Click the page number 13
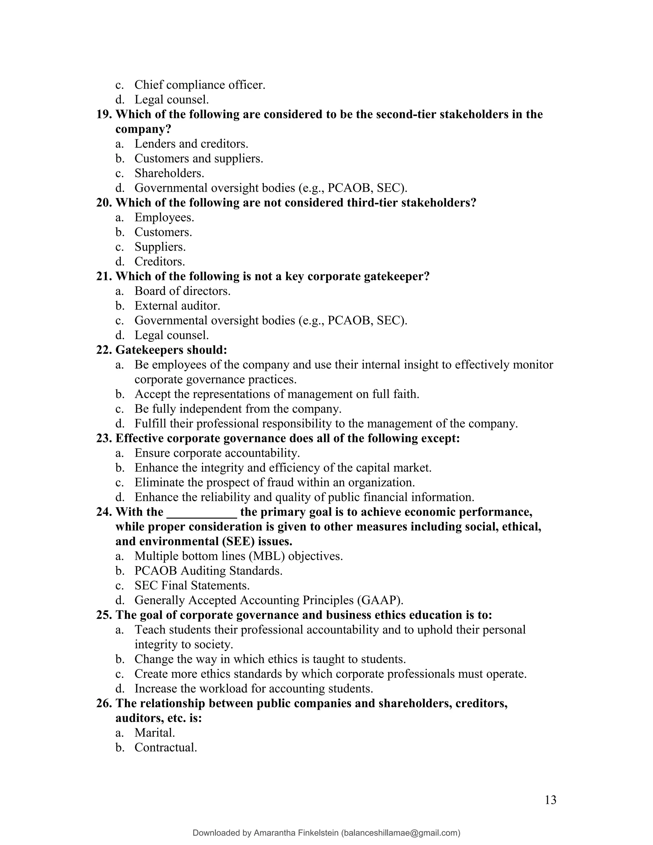click(x=550, y=800)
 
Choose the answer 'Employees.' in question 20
click(x=164, y=217)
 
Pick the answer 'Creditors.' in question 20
click(x=159, y=261)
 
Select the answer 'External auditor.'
click(x=177, y=306)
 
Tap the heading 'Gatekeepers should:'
click(x=171, y=350)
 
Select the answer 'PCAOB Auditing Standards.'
click(x=208, y=571)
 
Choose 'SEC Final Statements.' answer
click(x=192, y=585)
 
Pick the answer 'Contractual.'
click(x=165, y=747)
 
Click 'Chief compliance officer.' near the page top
click(x=200, y=85)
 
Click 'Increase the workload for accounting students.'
click(x=253, y=689)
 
